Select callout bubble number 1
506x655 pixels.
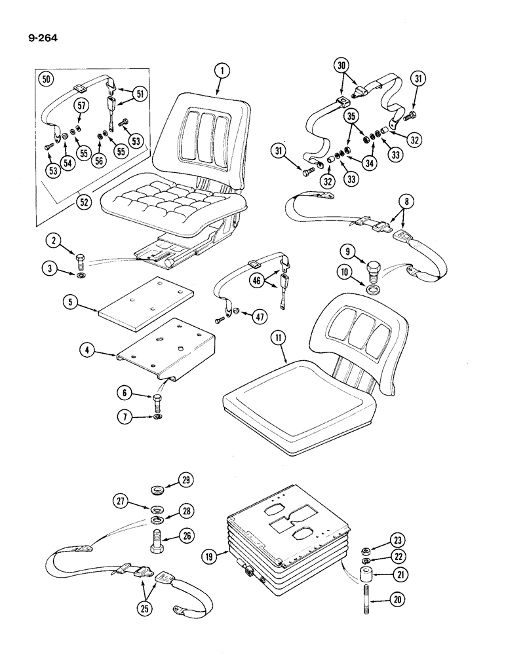click(222, 71)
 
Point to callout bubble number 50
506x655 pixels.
click(46, 80)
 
